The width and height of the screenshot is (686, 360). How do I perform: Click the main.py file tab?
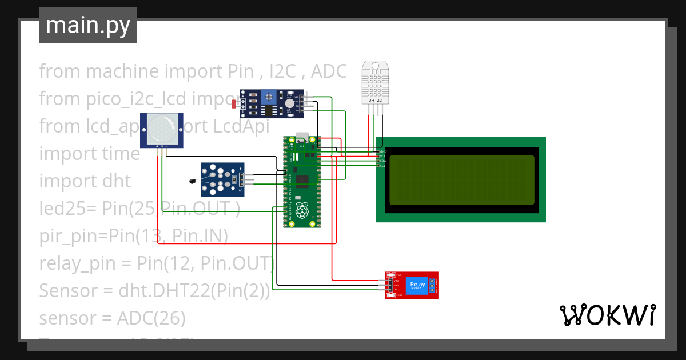87,25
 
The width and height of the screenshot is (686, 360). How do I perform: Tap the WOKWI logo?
607,315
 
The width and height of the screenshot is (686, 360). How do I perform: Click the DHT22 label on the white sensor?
375,101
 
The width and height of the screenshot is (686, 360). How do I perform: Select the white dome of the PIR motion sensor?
162,129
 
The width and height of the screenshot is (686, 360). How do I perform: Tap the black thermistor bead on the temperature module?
192,182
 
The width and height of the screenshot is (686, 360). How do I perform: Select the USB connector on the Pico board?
301,139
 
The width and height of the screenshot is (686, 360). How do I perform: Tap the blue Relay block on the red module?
416,285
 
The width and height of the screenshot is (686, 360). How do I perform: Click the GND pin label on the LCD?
383,151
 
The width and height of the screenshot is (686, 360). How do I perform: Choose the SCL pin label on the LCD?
382,166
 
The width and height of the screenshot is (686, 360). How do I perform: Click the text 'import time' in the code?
89,154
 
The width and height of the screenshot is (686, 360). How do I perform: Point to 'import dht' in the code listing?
85,181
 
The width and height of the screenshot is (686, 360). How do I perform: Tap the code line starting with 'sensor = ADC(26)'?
112,318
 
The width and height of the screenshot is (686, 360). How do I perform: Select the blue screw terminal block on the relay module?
432,285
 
